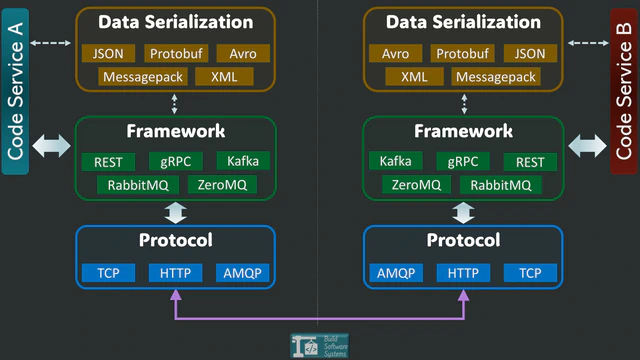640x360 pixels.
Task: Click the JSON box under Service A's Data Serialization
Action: [108, 54]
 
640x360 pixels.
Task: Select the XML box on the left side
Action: [225, 77]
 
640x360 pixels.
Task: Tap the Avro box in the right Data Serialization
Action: [395, 54]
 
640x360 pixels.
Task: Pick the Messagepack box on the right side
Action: [496, 77]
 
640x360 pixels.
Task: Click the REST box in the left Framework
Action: [108, 162]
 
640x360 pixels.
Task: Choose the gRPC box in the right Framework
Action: [463, 162]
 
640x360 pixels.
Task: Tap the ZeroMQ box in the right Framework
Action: [416, 185]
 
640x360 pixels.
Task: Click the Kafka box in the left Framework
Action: [243, 162]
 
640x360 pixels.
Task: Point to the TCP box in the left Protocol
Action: [108, 273]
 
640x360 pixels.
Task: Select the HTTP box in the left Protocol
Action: [176, 273]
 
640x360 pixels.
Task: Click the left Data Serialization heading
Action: [176, 21]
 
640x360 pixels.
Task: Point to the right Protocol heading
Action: [463, 241]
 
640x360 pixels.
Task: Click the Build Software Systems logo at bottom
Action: [319, 344]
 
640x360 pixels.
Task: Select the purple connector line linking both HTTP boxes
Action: [320, 319]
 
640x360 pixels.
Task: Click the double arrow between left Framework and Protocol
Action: [176, 212]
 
